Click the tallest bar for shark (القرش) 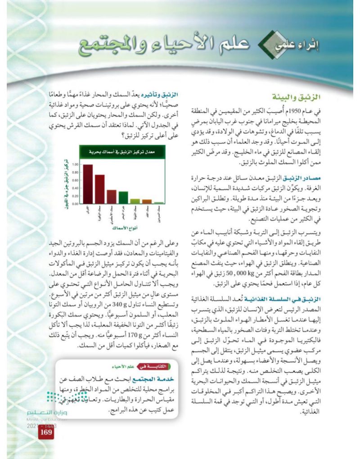[88, 184]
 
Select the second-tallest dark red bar [100, 189]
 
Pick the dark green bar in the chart [123, 198]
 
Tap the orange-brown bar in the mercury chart [147, 201]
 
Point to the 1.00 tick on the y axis [75, 165]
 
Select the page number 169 [46, 434]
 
